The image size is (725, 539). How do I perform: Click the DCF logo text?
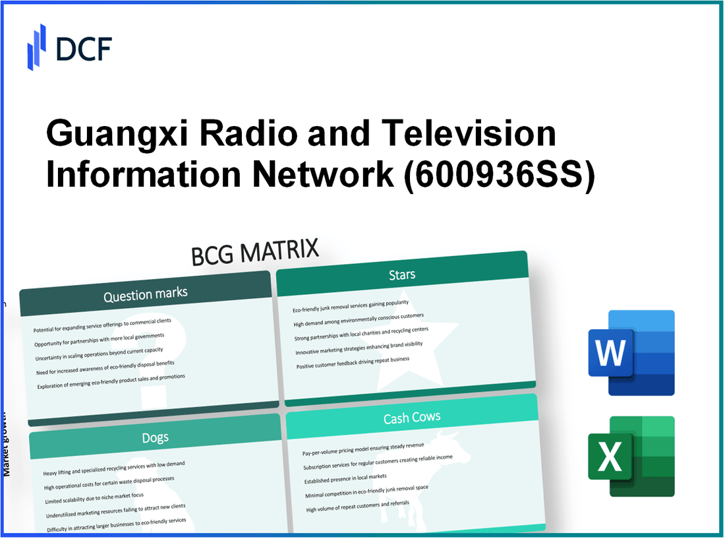click(x=83, y=48)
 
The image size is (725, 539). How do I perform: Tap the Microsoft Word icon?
click(x=631, y=352)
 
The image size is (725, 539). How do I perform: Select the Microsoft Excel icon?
click(x=631, y=457)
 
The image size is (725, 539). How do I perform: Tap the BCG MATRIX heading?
click(x=255, y=252)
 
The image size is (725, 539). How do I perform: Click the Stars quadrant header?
click(x=402, y=274)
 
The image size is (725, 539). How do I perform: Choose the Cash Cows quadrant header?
click(x=412, y=417)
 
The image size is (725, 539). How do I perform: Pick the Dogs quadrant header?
click(x=155, y=437)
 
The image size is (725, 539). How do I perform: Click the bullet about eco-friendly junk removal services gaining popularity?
click(x=350, y=306)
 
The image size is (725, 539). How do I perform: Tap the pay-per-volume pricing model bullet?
click(x=364, y=449)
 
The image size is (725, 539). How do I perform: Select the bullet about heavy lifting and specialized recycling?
click(x=114, y=468)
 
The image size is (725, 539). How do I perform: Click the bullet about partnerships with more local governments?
click(x=100, y=341)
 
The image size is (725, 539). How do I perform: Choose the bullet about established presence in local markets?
click(x=345, y=477)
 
